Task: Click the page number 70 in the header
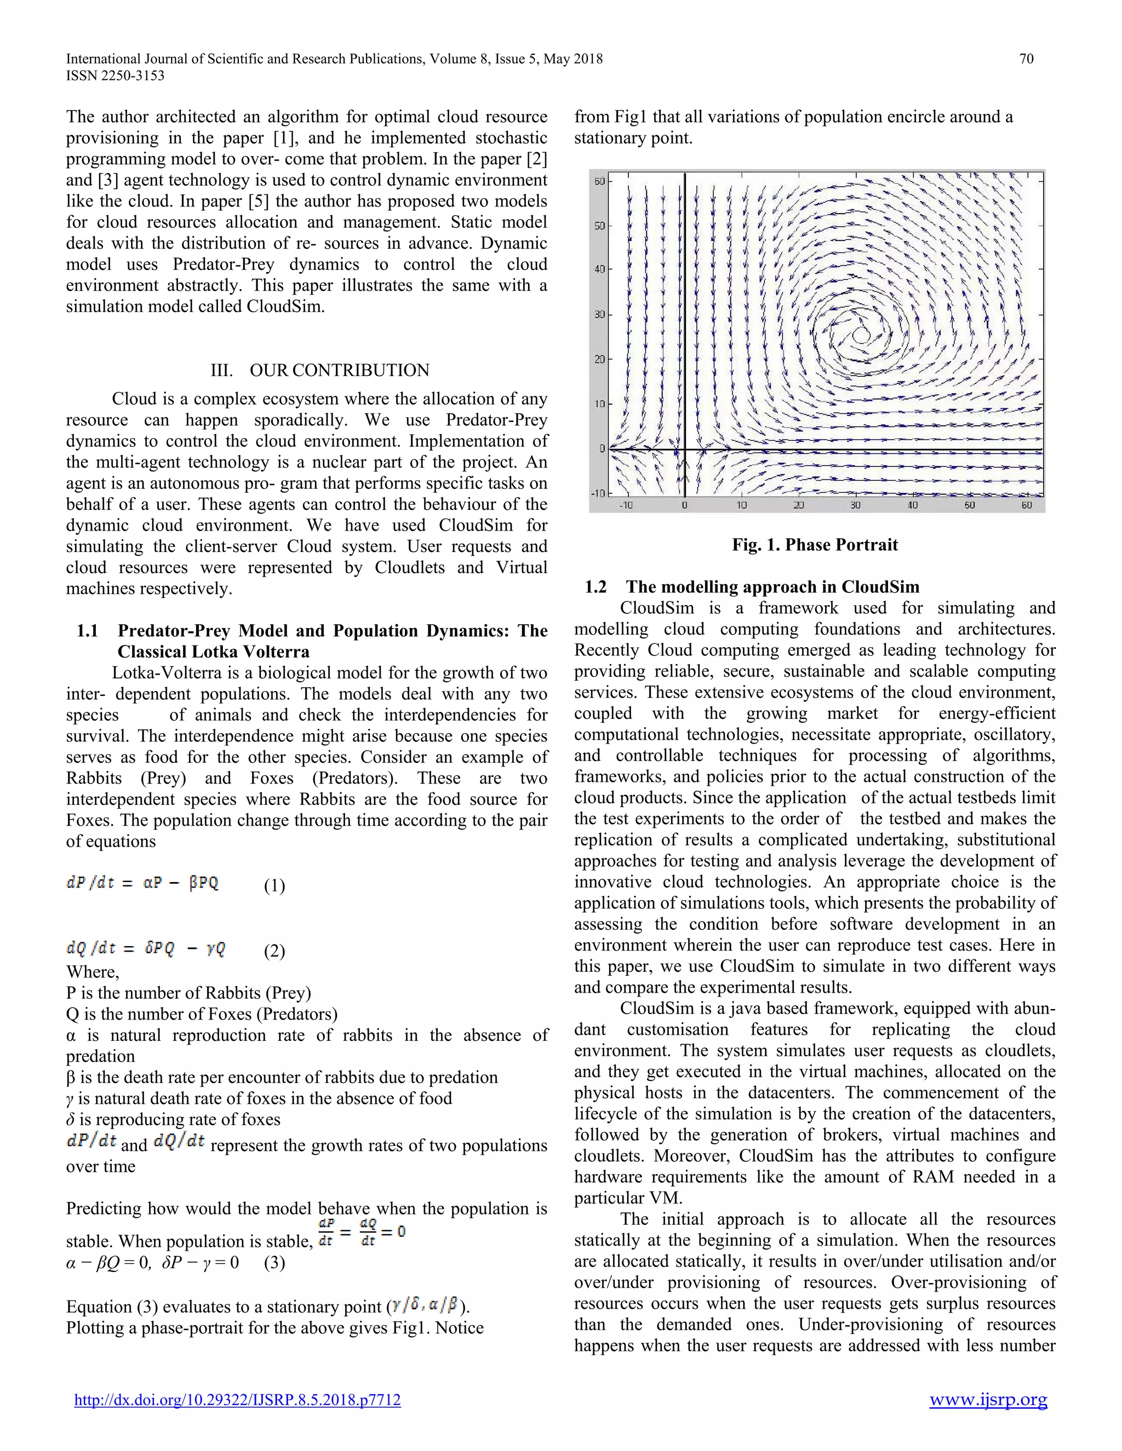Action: [1026, 59]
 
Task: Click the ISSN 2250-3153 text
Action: [115, 76]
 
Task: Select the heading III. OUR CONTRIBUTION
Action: [320, 370]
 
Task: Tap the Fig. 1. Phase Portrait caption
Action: [814, 545]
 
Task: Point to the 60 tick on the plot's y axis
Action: [599, 181]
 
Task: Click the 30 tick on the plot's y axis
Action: [599, 314]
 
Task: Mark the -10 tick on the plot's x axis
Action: [626, 505]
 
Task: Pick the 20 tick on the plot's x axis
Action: [799, 505]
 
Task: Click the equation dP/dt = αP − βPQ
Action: [142, 883]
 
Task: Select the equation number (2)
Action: [274, 951]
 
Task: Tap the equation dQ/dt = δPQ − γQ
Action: [146, 948]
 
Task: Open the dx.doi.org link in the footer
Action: [237, 1400]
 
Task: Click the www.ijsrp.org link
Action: [988, 1400]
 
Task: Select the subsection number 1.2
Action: [596, 586]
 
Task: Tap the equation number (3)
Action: [274, 1262]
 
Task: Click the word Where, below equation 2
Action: [93, 972]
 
